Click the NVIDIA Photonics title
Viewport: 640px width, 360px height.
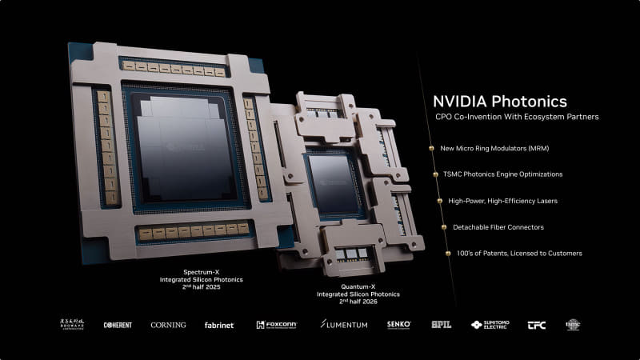(499, 102)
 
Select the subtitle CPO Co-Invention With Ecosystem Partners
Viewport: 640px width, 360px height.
(516, 118)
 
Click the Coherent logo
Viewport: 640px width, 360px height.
(118, 325)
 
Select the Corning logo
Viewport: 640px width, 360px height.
(168, 325)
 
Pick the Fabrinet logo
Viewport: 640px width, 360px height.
(219, 325)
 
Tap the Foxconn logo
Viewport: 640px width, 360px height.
(277, 325)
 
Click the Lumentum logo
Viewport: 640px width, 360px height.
(344, 325)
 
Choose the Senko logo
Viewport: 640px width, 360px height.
(398, 325)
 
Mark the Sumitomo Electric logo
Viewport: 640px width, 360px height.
(488, 325)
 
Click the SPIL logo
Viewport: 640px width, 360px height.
(442, 325)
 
